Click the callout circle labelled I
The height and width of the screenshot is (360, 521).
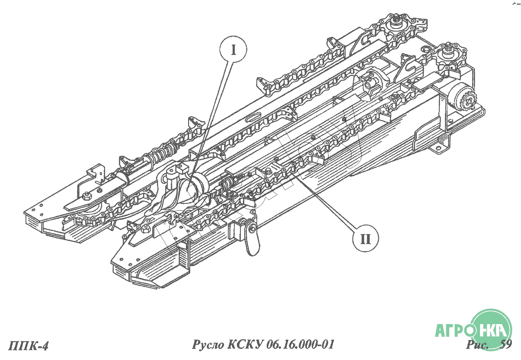233,49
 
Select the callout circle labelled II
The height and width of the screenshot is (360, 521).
365,238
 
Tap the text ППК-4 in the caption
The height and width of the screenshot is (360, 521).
29,346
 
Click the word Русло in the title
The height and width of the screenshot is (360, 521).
208,344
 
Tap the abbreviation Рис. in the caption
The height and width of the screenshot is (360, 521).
477,344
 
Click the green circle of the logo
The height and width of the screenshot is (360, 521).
491,330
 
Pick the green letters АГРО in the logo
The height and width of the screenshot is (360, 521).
455,330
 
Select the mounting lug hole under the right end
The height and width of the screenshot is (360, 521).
438,147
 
